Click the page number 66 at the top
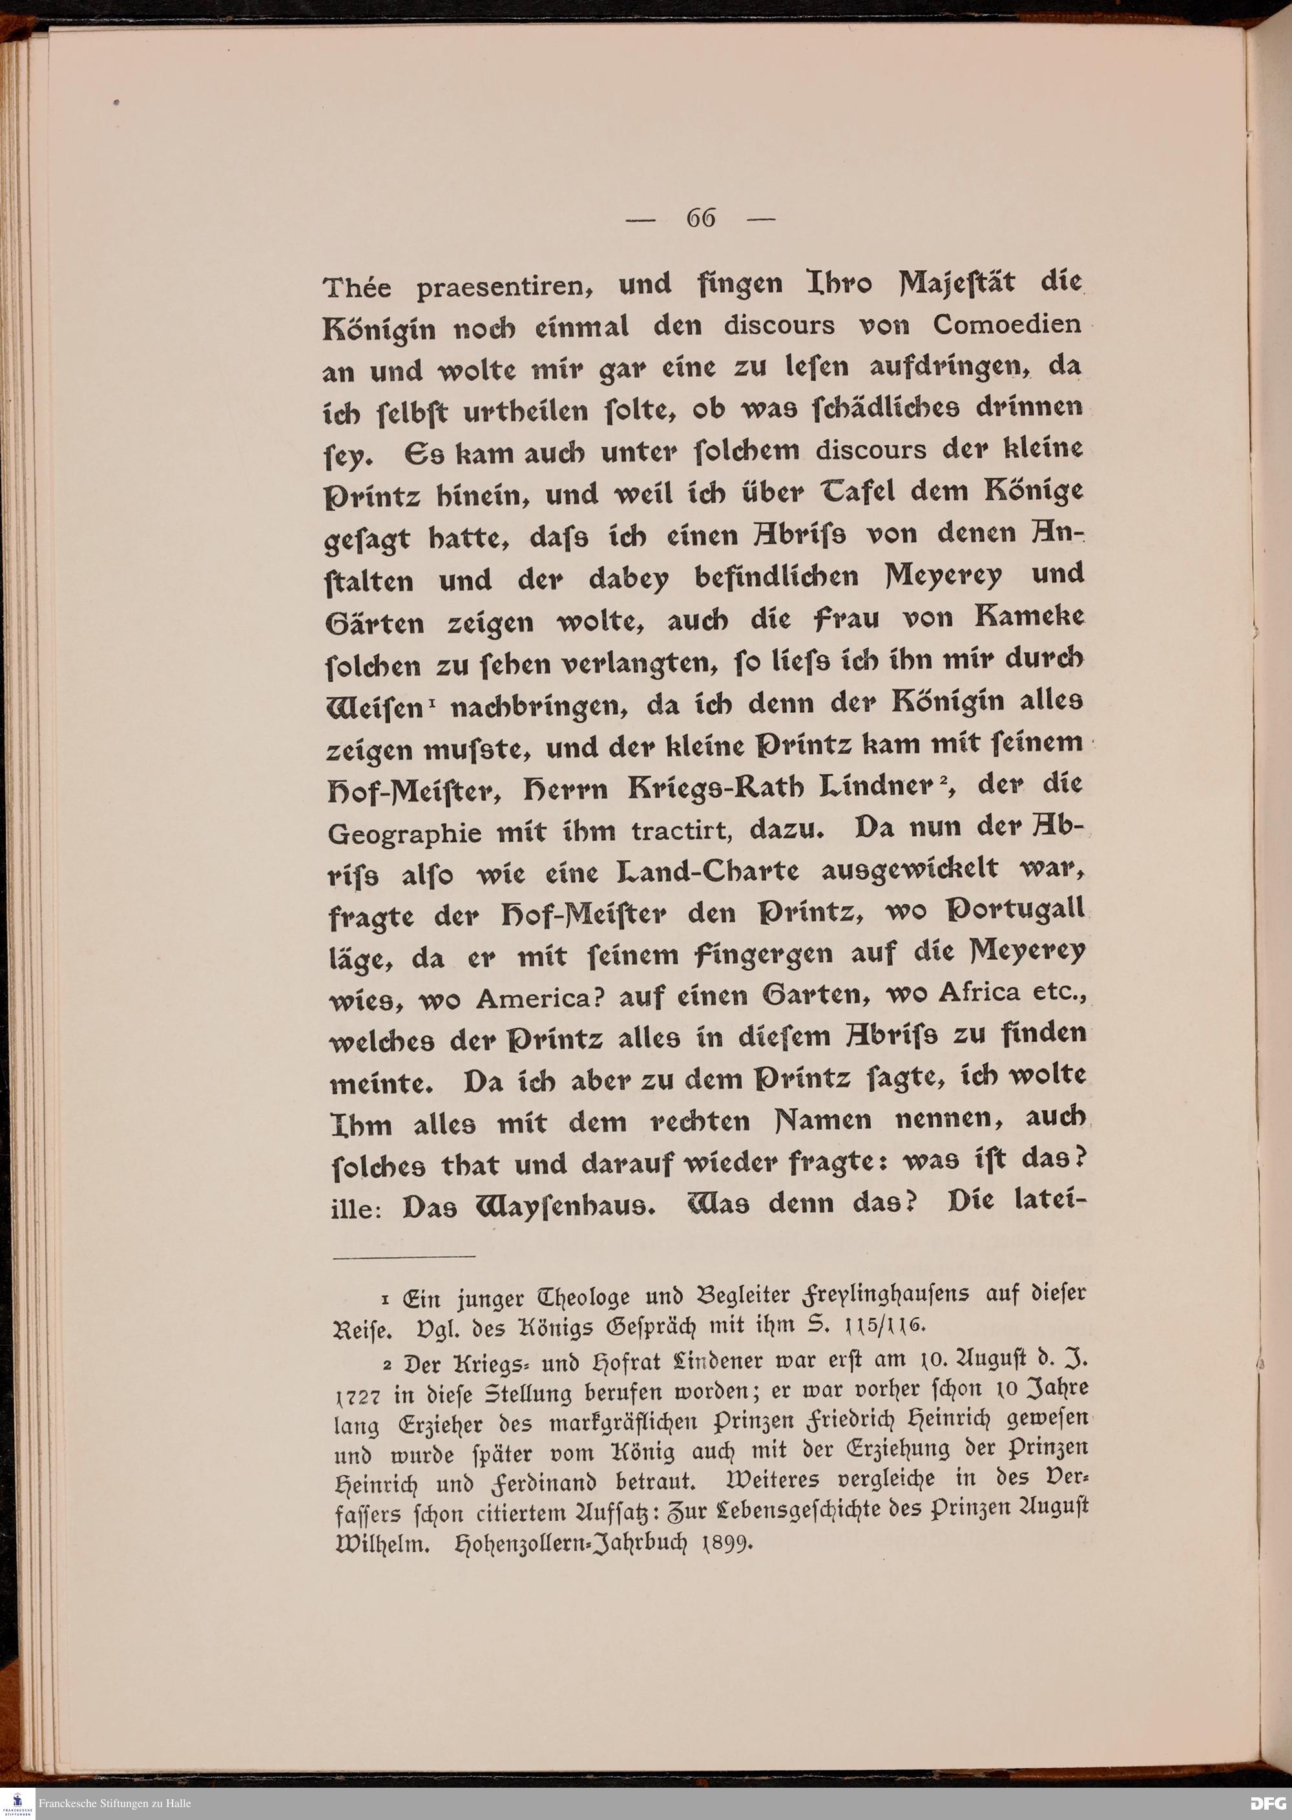click(701, 218)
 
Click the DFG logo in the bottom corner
click(1268, 1803)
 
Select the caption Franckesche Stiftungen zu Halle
click(116, 1803)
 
